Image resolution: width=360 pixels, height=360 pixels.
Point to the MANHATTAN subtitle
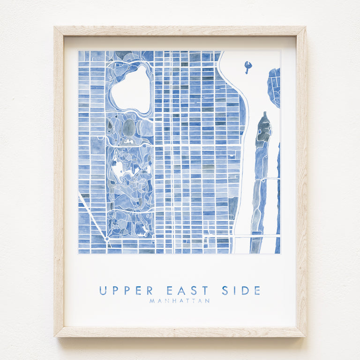180,301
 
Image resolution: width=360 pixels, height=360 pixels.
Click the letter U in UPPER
103,291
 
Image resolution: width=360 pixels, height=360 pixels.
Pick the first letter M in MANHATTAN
152,301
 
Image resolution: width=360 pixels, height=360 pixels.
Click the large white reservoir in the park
130,89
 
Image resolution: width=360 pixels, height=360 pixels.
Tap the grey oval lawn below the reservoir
129,127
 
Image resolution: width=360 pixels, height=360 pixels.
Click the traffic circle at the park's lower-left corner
107,239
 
